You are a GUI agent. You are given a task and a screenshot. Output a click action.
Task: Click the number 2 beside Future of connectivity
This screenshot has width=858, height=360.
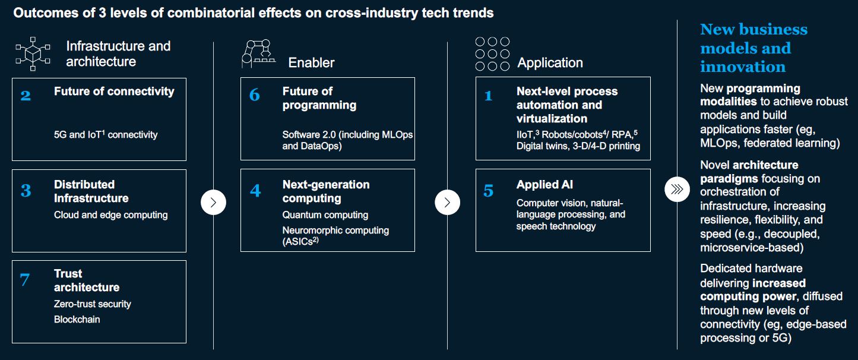tap(26, 95)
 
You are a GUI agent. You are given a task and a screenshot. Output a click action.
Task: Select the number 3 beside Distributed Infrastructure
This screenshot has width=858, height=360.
tap(26, 190)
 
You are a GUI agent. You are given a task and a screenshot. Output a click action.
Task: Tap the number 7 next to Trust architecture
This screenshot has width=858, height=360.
tap(25, 279)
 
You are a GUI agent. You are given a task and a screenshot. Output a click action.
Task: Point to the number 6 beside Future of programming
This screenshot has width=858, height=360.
tap(255, 95)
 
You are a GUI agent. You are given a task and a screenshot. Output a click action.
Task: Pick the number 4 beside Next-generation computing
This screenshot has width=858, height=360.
tap(255, 191)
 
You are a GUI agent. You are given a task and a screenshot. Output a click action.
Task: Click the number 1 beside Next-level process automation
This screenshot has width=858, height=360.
tap(488, 96)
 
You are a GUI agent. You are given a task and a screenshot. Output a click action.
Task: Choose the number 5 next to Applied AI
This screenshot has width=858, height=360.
tap(488, 191)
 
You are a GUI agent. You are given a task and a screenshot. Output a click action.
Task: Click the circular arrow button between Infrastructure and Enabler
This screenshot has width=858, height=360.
tap(214, 203)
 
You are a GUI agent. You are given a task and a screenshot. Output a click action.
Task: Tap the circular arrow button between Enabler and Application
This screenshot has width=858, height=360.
tap(448, 203)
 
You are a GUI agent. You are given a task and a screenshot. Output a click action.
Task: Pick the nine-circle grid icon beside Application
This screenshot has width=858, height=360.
tap(492, 53)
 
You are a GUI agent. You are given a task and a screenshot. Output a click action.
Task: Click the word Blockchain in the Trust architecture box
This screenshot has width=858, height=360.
tap(77, 320)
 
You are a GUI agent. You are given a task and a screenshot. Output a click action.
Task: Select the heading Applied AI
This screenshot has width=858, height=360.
tap(544, 185)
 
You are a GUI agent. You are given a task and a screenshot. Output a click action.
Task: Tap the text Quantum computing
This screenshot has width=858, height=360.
tap(325, 215)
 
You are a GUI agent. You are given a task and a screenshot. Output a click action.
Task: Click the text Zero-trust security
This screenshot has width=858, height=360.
tap(92, 304)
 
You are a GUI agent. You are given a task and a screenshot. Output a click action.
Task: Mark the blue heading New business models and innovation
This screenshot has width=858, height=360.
tap(753, 48)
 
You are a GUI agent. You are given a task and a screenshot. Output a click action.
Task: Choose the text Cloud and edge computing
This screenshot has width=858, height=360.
tap(110, 215)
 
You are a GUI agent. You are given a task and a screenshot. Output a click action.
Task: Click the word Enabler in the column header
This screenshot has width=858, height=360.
tap(311, 62)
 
